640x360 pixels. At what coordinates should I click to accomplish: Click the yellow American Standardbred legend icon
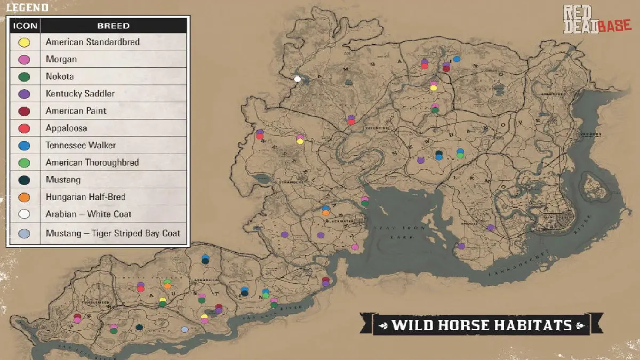pos(24,42)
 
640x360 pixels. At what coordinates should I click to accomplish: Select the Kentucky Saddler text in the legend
pos(80,94)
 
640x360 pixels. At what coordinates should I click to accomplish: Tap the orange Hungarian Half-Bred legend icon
pos(24,197)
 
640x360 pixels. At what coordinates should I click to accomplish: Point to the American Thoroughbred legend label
pos(92,163)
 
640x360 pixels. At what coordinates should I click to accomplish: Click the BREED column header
pos(113,26)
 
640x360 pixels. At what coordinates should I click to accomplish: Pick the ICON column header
pos(24,26)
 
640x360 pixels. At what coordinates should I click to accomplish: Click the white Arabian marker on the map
pos(298,79)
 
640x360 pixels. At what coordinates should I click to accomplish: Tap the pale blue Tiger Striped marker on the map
pos(185,330)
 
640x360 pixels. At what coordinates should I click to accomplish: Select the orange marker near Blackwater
pos(325,213)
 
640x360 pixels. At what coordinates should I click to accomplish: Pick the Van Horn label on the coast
pos(590,134)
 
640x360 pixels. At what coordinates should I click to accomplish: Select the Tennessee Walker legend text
pos(81,146)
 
